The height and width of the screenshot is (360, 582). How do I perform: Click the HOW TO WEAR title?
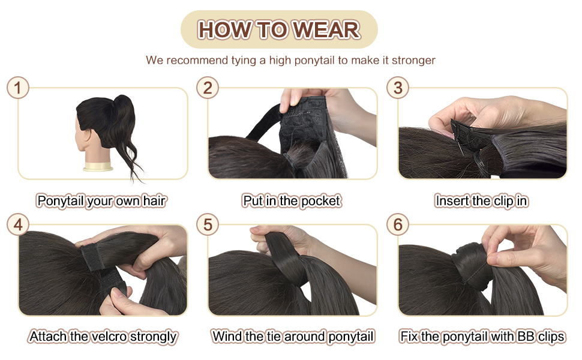coord(279,29)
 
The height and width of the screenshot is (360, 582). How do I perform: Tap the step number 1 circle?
coord(18,88)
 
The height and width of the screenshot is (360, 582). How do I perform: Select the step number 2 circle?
coord(208,88)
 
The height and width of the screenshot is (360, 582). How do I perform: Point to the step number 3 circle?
coord(398,88)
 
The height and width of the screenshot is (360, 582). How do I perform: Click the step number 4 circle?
coord(18,224)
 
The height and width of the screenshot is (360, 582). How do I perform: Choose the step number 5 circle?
coord(208,224)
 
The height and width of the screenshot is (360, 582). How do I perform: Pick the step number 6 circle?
coord(398,224)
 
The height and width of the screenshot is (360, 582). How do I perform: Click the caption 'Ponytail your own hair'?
coord(101,201)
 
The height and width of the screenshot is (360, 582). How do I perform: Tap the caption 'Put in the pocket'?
coord(292,201)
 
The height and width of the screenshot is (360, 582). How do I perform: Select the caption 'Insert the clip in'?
coord(481,201)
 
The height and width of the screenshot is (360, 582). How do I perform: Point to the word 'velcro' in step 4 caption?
coord(109,337)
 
